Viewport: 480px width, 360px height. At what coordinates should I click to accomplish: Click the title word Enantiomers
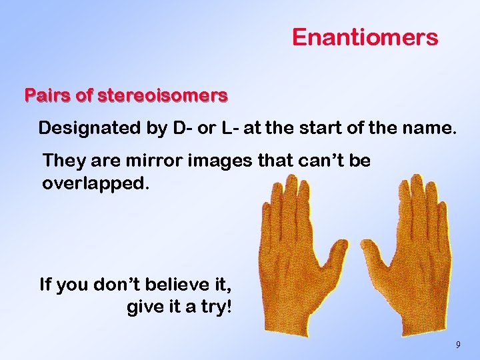pyautogui.click(x=365, y=37)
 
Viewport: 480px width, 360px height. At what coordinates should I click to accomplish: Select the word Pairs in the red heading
pyautogui.click(x=48, y=96)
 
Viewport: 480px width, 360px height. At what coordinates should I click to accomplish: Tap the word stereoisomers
pyautogui.click(x=163, y=96)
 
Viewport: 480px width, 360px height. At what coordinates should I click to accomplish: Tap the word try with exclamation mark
pyautogui.click(x=215, y=309)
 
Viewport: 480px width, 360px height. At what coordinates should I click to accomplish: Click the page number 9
pyautogui.click(x=457, y=345)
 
